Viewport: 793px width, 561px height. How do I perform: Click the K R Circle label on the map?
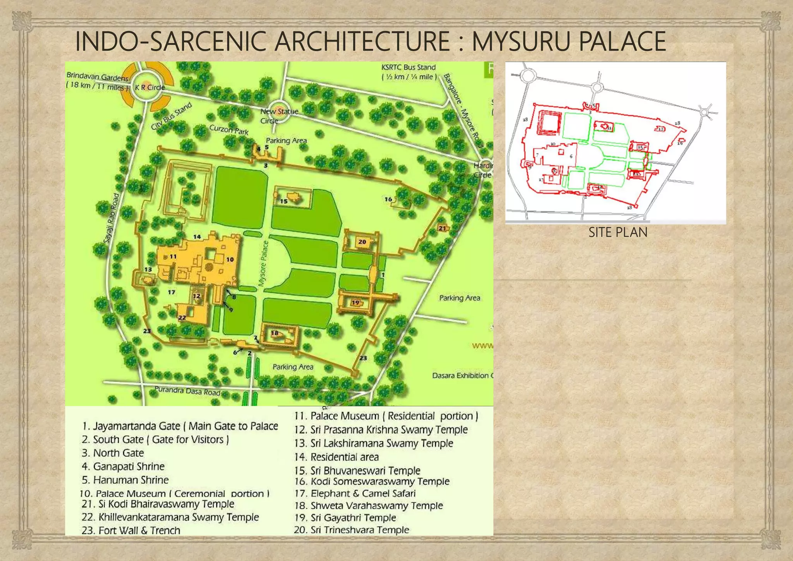(x=149, y=88)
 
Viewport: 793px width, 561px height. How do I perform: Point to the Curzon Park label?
(x=228, y=129)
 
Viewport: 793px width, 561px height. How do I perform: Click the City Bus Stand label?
(x=171, y=116)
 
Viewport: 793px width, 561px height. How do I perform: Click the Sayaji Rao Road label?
(x=111, y=218)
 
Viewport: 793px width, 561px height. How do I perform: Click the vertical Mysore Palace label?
(x=264, y=263)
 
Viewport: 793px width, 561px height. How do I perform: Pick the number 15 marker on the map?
(x=284, y=201)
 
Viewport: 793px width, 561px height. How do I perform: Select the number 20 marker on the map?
(x=362, y=242)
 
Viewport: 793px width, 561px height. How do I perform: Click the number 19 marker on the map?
(x=355, y=303)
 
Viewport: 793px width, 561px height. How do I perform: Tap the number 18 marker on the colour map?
(x=275, y=333)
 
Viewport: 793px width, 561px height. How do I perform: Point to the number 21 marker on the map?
(x=442, y=228)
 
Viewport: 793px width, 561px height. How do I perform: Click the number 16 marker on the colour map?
(x=388, y=199)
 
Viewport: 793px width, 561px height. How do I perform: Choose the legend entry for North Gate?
(x=113, y=453)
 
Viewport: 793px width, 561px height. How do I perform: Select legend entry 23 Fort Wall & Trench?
(x=131, y=530)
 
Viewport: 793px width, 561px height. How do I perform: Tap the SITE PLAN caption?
(x=618, y=232)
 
